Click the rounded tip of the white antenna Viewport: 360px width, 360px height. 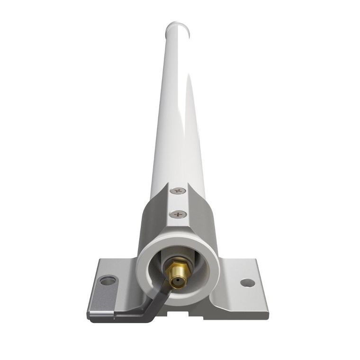(178, 27)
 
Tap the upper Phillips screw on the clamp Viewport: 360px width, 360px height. (178, 191)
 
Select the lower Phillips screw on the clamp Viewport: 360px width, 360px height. (178, 214)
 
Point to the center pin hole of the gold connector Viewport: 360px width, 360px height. (177, 283)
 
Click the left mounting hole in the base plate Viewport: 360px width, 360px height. (108, 280)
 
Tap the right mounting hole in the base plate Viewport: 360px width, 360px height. (247, 283)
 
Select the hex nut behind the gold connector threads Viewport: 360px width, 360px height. (178, 263)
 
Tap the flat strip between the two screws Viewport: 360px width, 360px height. (178, 203)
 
